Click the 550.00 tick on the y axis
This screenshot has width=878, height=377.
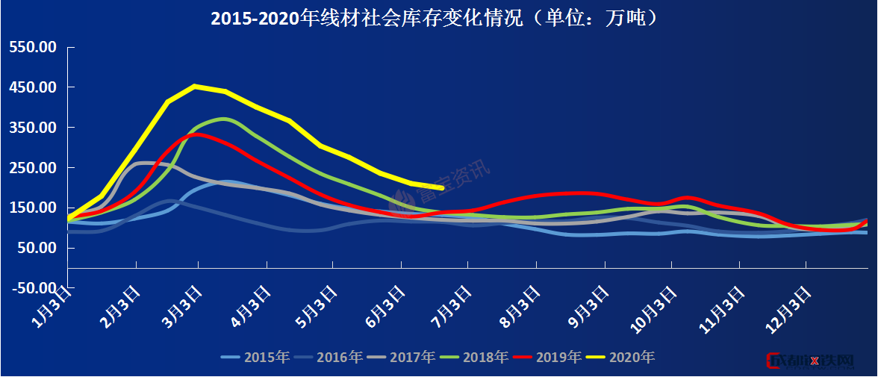point(33,47)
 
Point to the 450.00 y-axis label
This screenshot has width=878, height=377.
point(33,87)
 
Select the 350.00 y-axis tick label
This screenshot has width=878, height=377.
point(33,128)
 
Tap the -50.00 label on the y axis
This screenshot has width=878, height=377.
point(31,288)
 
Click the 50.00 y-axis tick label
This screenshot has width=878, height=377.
point(36,248)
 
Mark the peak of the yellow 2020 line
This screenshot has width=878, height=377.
point(194,86)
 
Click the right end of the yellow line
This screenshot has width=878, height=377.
point(443,188)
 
